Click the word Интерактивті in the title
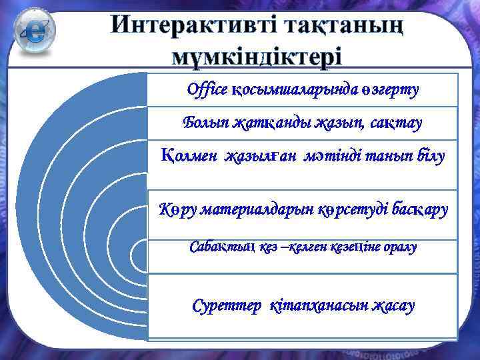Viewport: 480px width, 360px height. click(x=193, y=25)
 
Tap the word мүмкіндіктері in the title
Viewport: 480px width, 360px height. click(x=257, y=55)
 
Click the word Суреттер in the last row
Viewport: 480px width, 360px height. click(x=227, y=306)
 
